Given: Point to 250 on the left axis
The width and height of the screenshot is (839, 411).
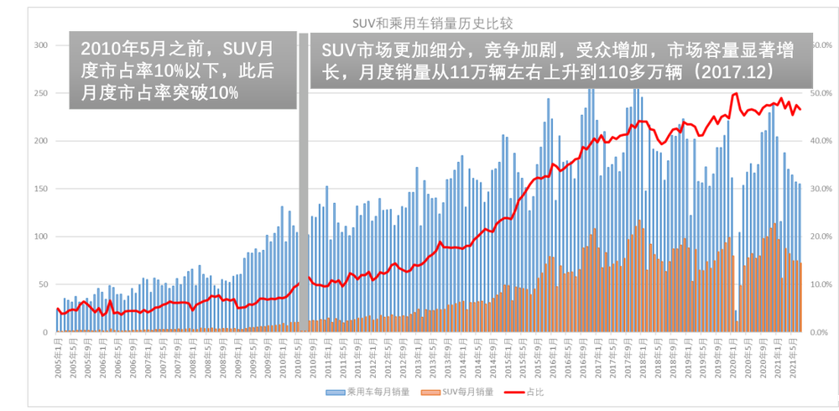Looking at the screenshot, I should tap(39, 93).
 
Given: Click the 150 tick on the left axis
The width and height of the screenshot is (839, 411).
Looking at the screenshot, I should tap(39, 189).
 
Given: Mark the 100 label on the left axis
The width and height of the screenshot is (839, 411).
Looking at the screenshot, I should tap(39, 237).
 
